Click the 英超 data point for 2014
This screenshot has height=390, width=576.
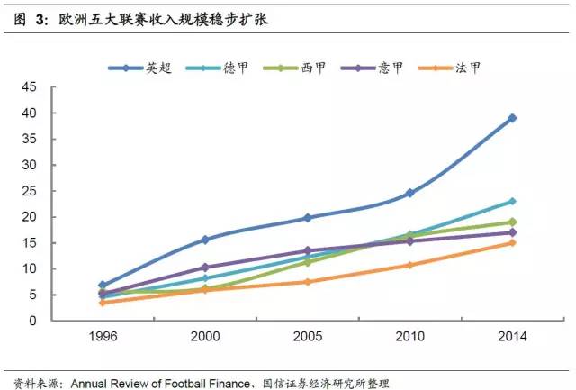[x=512, y=118]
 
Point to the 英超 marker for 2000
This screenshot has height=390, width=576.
[x=205, y=240]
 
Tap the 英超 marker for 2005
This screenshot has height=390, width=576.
[x=307, y=218]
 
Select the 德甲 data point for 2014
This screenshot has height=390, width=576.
[x=512, y=201]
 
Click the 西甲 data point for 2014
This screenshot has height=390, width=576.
[x=512, y=222]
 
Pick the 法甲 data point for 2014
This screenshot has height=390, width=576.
[x=512, y=242]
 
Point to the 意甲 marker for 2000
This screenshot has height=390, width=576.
[x=205, y=268]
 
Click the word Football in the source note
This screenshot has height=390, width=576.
[x=191, y=383]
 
